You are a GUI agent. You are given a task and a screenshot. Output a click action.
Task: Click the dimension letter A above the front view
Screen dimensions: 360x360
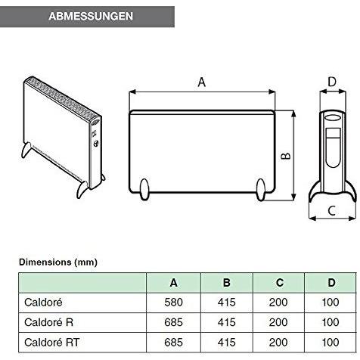201,83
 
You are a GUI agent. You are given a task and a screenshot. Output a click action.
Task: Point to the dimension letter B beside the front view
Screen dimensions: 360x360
286,156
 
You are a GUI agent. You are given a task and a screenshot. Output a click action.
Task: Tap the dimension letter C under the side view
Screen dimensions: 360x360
332,210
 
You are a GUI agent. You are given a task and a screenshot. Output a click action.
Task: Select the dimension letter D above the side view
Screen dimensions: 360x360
331,82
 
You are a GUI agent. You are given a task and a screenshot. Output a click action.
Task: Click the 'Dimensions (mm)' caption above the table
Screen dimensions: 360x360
58,262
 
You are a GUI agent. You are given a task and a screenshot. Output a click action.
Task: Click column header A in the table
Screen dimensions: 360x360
174,284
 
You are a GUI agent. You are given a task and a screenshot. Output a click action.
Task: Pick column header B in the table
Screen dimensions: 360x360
227,284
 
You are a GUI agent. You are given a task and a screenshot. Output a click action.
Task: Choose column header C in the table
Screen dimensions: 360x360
280,284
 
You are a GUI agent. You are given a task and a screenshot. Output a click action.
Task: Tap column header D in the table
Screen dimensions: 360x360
331,284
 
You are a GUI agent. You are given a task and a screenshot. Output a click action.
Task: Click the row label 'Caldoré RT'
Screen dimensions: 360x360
51,342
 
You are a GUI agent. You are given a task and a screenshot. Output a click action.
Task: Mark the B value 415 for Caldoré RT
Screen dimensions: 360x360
227,342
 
